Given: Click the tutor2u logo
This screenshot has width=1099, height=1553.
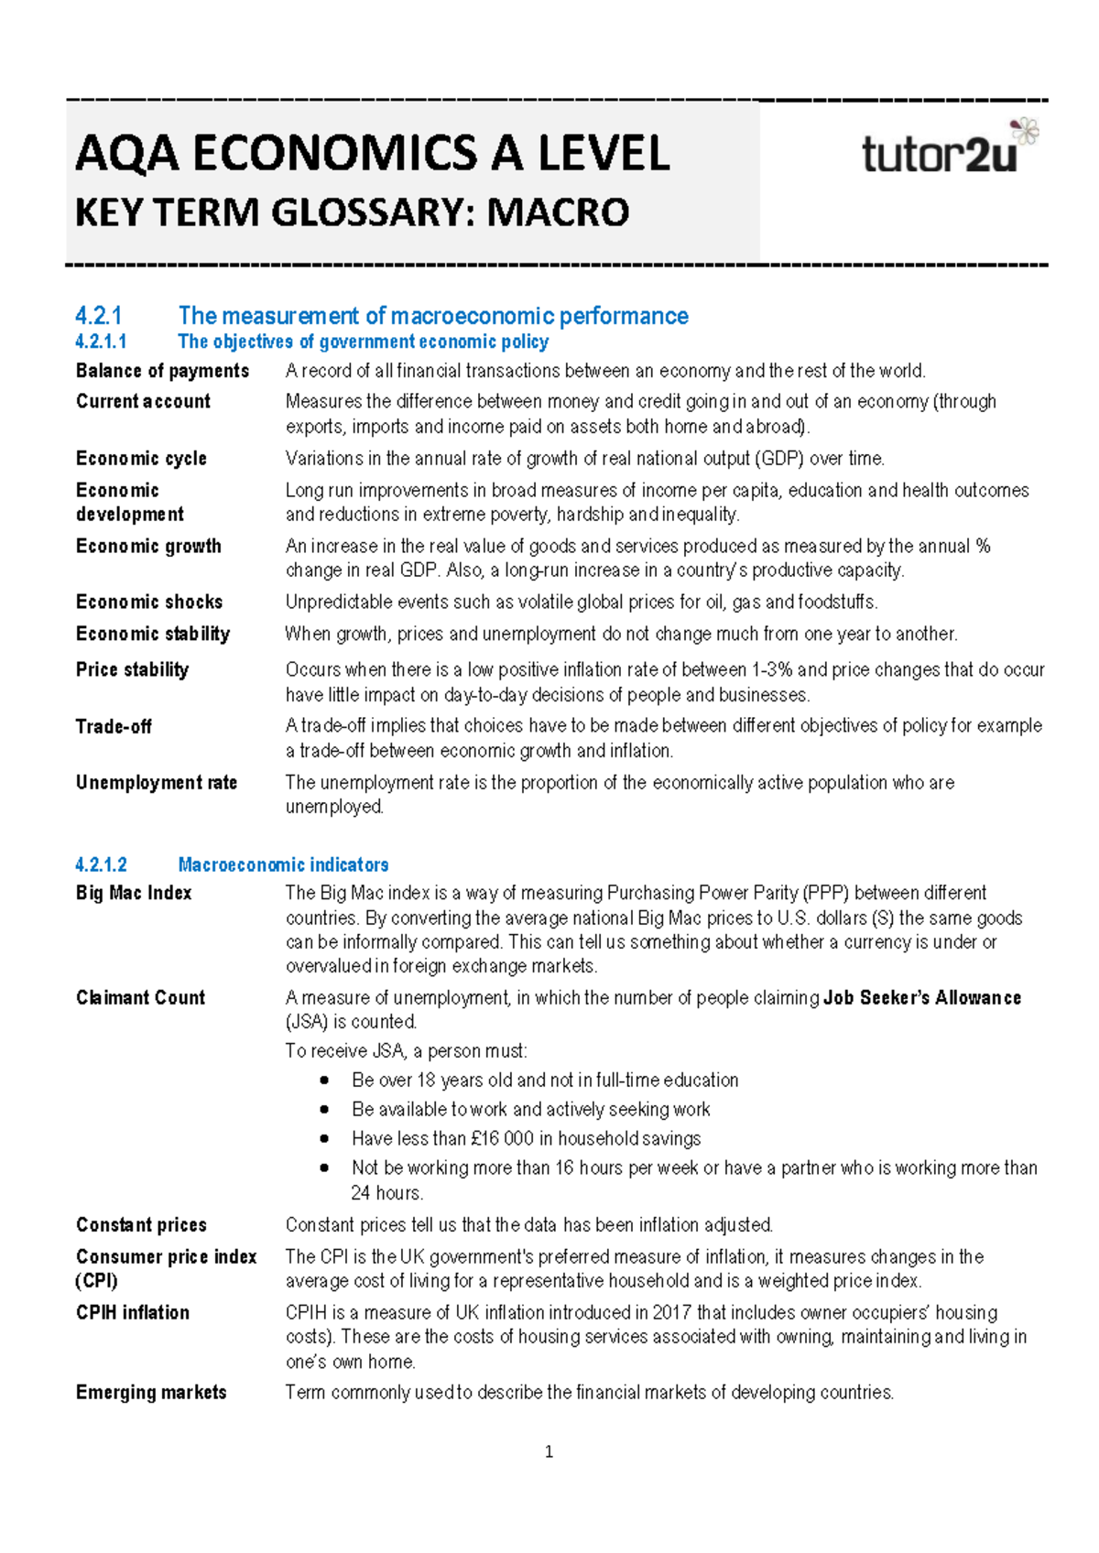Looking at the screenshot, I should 949,150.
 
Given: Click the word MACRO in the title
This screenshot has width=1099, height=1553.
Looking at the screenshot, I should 558,213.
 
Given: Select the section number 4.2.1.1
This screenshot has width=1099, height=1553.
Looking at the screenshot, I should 101,342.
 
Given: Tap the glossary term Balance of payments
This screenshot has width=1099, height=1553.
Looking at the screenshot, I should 162,371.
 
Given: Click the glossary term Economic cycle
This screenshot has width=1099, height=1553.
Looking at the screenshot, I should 141,458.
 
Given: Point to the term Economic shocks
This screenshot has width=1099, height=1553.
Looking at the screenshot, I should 149,602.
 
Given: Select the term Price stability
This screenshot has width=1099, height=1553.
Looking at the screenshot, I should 132,669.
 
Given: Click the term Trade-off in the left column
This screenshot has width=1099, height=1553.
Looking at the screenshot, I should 114,726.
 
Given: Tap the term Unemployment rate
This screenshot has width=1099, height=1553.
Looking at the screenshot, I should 157,782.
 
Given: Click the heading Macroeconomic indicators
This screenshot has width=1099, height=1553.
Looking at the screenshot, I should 283,864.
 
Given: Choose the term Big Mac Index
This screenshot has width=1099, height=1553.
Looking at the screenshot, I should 134,893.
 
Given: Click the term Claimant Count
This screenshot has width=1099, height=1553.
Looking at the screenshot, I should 140,997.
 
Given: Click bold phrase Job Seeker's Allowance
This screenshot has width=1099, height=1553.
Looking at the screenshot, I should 921,997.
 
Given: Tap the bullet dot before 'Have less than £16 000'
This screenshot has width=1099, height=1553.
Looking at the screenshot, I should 324,1139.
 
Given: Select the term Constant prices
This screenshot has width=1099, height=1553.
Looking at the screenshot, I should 141,1225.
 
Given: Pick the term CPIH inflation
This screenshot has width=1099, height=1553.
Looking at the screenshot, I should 133,1312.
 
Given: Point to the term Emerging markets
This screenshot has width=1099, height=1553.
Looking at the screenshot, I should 151,1392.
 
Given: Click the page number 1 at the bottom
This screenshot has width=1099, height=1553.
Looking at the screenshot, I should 549,1451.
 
